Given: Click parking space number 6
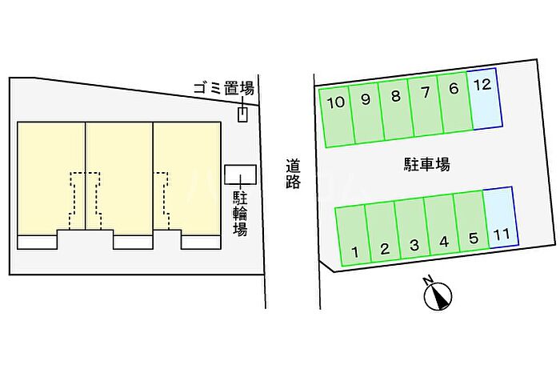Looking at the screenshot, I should tap(454, 106).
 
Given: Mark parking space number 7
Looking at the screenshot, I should tap(425, 110).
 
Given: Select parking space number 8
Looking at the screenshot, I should tap(395, 114).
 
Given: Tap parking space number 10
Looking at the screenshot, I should tap(336, 120).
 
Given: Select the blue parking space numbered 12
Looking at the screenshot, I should tap(484, 99).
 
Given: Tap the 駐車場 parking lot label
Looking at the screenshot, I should tap(426, 165).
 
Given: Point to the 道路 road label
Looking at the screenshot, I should tap(294, 174).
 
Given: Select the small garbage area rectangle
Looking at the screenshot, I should tap(243, 114).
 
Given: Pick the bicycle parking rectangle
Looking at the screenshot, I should tap(240, 174).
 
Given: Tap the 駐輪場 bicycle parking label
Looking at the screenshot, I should tap(240, 213).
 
